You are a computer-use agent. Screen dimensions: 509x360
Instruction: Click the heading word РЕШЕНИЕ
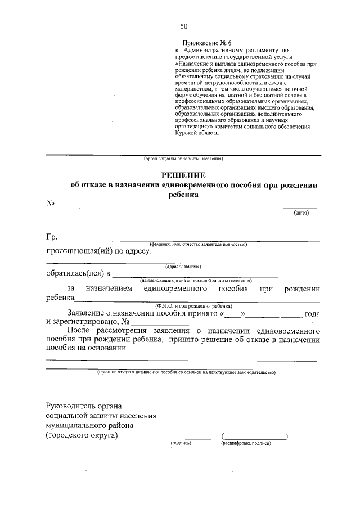click(x=183, y=175)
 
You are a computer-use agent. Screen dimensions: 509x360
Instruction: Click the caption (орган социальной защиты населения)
click(x=183, y=159)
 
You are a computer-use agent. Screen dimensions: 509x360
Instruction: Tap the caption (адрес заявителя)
click(x=183, y=266)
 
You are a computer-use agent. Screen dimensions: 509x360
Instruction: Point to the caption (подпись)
click(x=181, y=443)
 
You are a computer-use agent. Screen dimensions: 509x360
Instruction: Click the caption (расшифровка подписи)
click(x=246, y=443)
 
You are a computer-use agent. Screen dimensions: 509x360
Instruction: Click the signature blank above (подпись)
click(x=198, y=438)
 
